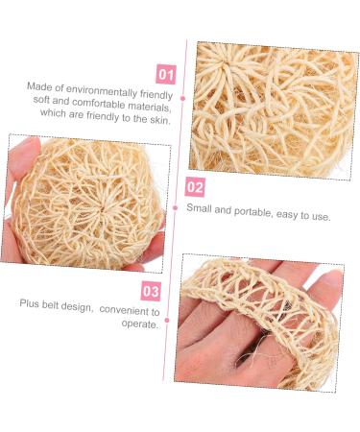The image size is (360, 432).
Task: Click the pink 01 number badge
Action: pos(165,72)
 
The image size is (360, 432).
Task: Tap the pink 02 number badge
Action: pos(195,187)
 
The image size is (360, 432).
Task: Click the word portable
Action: pos(247,216)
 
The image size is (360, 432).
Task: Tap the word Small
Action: pos(199,215)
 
